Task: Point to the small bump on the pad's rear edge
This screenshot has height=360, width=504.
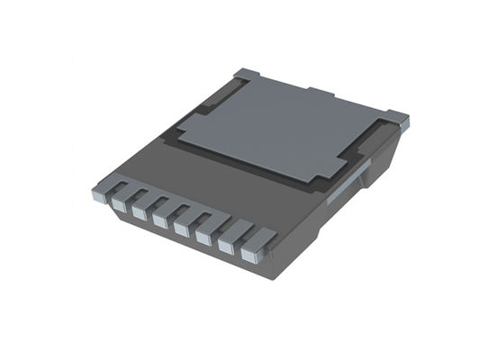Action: tap(320, 92)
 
